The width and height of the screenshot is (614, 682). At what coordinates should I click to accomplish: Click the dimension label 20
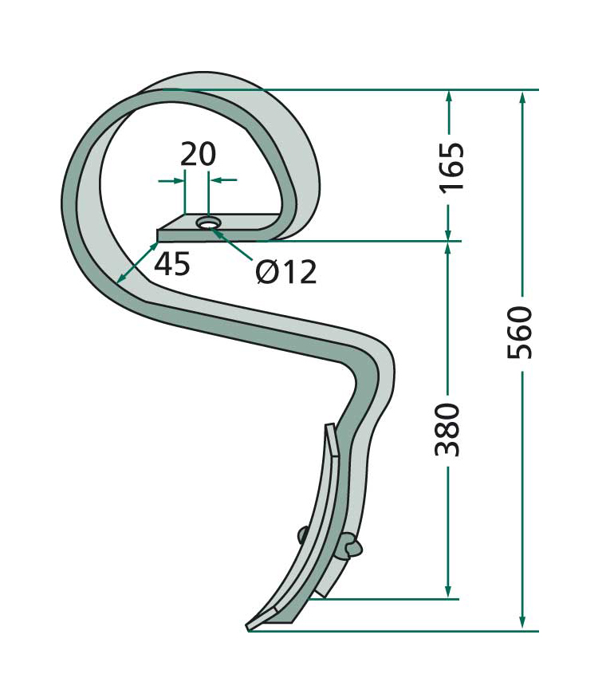click(198, 154)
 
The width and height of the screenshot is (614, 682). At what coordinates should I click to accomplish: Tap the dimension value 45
click(172, 264)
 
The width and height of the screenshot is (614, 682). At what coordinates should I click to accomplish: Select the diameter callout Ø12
click(285, 272)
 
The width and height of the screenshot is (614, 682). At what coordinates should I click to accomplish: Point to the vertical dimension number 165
click(452, 167)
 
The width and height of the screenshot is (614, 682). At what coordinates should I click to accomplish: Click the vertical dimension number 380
click(447, 430)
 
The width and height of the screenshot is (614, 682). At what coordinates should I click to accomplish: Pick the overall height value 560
click(520, 333)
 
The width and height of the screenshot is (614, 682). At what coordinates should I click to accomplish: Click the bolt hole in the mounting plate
click(208, 223)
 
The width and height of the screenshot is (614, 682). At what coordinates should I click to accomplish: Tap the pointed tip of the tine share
click(247, 629)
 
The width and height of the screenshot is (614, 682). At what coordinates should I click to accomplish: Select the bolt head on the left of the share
click(303, 535)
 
